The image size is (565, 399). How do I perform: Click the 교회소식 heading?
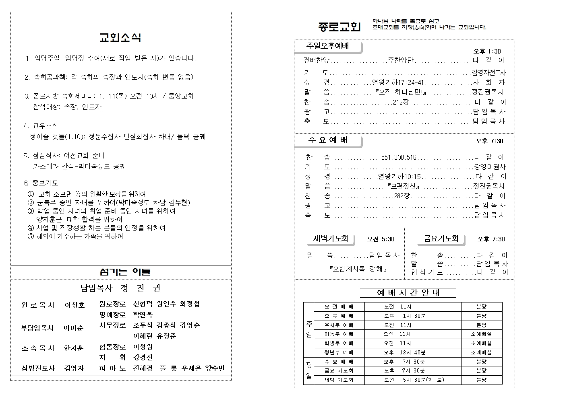(120, 38)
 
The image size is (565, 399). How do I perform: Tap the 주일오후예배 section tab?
(328, 46)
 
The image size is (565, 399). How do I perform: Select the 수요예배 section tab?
(328, 140)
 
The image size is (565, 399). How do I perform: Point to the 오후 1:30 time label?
(487, 51)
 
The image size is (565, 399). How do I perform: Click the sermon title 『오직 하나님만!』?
(400, 92)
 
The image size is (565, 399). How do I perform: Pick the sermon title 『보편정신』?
(403, 186)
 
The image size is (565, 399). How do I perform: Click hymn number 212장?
(400, 102)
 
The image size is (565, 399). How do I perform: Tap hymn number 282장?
(402, 196)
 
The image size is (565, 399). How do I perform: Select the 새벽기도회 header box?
(331, 239)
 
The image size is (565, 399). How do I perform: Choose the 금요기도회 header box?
(441, 239)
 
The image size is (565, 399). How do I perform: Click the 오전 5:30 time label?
(381, 239)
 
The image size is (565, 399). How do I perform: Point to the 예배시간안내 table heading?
(408, 293)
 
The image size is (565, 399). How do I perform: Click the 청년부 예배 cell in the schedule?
(339, 352)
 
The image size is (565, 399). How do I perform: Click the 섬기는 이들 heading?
(124, 272)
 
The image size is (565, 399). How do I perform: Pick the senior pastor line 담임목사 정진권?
(120, 288)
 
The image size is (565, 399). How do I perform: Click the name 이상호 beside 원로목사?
(75, 305)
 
